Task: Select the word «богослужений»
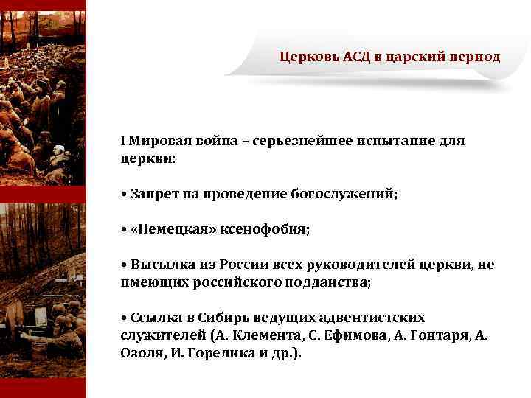[x=350, y=194]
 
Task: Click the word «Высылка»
[x=159, y=265]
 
